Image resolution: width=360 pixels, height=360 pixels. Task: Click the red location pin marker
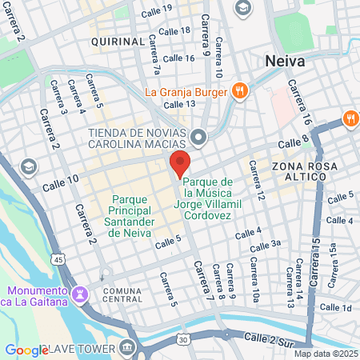[x=180, y=163]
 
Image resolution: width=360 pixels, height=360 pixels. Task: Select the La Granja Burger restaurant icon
[x=238, y=90]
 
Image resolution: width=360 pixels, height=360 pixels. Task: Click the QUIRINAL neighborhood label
[x=118, y=40]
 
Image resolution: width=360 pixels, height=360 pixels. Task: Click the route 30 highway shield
[x=184, y=339]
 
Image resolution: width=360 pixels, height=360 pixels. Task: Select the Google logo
[x=26, y=350]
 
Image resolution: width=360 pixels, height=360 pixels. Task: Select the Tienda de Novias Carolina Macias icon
[x=200, y=137]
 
